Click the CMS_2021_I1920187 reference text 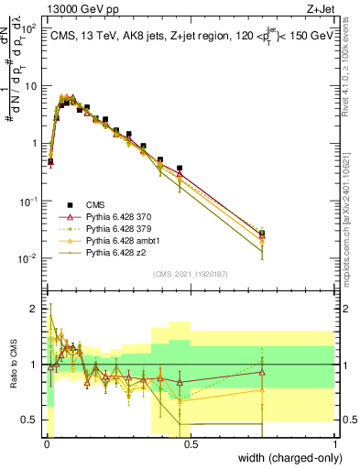point(190,273)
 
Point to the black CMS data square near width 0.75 point(262,234)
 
